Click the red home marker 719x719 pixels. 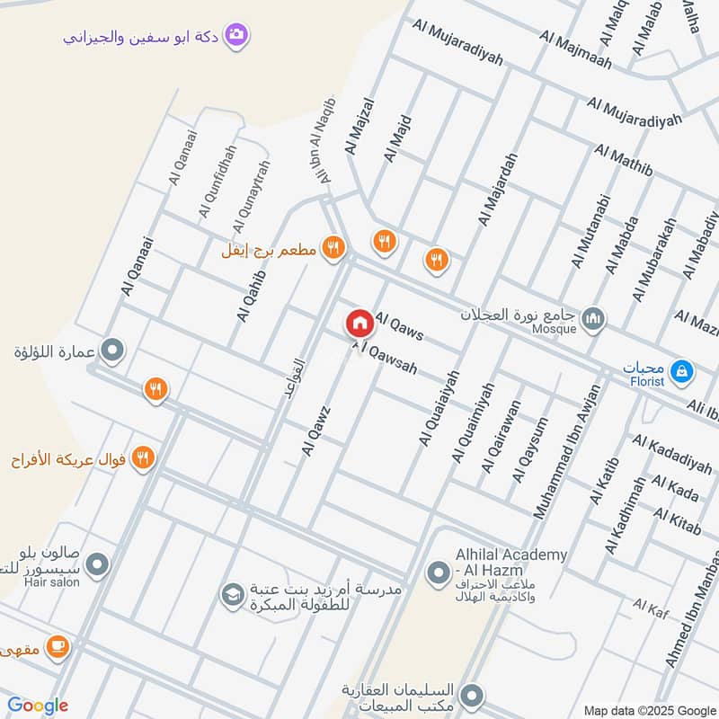point(359,323)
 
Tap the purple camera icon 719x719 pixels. point(237,34)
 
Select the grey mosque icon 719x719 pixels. point(593,318)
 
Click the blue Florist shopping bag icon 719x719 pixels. point(682,369)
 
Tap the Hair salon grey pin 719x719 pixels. point(98,564)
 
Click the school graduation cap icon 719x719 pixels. point(233,594)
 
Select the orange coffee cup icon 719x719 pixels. point(58,646)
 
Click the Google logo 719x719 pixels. point(37,706)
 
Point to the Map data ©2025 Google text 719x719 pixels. point(649,709)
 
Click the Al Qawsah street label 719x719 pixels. point(387,357)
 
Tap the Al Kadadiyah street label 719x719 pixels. point(671,454)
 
